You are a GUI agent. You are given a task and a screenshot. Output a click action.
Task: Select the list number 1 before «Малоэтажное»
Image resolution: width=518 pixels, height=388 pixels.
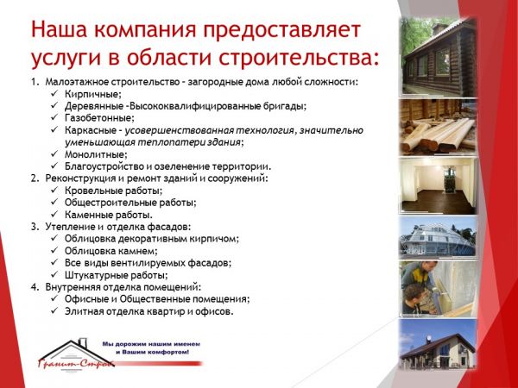pos(35,82)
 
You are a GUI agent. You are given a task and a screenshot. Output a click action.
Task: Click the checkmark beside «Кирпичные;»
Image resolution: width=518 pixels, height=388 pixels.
pos(54,94)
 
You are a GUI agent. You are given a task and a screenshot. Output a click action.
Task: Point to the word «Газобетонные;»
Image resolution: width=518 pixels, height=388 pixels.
pos(99,118)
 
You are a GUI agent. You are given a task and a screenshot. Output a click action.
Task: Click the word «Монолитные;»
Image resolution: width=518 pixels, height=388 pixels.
pos(96,154)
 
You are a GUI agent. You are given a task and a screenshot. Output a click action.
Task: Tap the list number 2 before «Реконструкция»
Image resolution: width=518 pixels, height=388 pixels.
pos(35,178)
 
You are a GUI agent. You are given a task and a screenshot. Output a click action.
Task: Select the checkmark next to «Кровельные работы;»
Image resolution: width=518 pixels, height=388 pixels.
pos(54,190)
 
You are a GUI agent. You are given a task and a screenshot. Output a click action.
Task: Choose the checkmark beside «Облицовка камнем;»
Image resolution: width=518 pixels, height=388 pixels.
pos(54,250)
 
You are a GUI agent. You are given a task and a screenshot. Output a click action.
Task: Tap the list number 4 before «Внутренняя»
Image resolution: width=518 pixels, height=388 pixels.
pos(35,287)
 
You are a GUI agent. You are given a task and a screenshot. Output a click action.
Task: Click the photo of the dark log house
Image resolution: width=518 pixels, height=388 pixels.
pos(439,57)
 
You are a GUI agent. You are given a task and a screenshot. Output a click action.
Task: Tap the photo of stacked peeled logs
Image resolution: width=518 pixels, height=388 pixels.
pos(439,127)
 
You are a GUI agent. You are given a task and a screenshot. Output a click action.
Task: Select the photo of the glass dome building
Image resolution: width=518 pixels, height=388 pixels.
pos(439,237)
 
